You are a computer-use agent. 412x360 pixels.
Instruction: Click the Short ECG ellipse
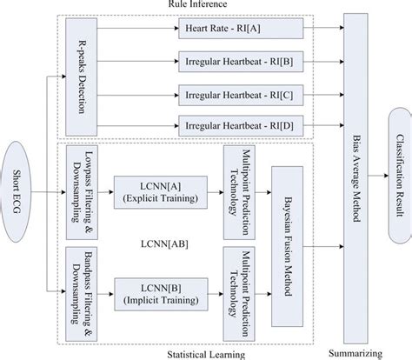pos(15,192)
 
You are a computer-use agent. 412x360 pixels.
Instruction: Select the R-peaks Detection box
pos(82,77)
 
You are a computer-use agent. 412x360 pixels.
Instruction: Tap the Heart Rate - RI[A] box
pos(241,29)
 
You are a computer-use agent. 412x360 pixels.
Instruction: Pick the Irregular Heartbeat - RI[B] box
pos(241,62)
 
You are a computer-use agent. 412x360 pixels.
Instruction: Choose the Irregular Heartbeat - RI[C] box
pos(241,96)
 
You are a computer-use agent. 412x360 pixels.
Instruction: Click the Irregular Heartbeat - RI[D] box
pos(241,126)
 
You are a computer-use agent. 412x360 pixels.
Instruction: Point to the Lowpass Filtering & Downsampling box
pos(82,192)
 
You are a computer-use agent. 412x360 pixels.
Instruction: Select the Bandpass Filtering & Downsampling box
pos(82,294)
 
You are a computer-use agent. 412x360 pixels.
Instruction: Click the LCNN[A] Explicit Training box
pos(161,192)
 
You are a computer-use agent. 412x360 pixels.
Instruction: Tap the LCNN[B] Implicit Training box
pos(161,294)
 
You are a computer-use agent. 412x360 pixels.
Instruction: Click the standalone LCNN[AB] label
pos(164,244)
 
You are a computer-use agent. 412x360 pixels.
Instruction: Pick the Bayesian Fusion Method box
pos(288,246)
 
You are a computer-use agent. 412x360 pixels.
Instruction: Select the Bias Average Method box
pos(356,178)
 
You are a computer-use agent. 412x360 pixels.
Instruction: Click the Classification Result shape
pos(400,176)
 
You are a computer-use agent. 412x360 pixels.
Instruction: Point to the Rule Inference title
pos(197,4)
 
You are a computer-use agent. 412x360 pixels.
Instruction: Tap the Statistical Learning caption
pos(206,355)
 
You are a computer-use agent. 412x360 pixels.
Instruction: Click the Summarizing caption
pos(356,354)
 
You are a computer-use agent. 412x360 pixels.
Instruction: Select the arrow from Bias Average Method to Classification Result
pos(378,176)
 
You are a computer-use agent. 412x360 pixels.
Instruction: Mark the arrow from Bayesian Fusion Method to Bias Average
pos(323,247)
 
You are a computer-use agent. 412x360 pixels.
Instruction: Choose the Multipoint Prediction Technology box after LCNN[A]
pos(239,192)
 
